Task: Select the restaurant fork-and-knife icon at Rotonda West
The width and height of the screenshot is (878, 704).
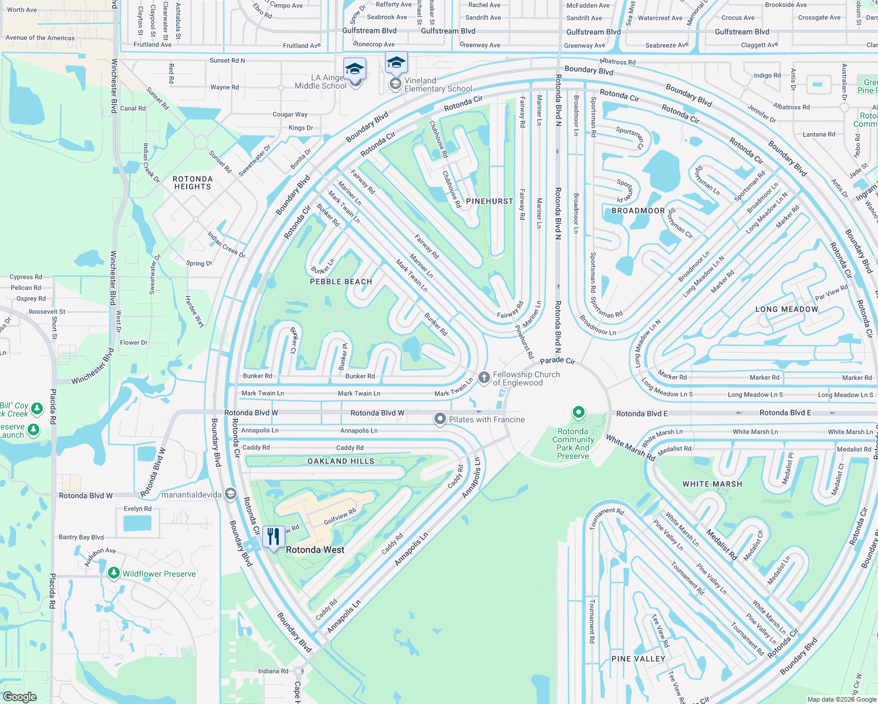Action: pos(273,537)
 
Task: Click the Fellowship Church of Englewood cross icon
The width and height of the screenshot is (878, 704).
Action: pos(484,378)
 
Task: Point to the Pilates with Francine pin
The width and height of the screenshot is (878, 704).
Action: pos(440,419)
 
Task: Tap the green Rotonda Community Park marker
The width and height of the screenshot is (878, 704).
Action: pos(578,413)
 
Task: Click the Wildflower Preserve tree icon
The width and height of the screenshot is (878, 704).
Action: pos(114,573)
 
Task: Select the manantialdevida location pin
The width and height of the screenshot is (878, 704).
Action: pos(230,495)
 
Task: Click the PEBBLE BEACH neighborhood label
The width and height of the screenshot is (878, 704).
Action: pos(341,282)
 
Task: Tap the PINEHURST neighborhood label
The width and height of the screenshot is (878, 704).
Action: pos(489,201)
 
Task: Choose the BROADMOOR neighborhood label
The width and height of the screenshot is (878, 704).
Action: pos(638,211)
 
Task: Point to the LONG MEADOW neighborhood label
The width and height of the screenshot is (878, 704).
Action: pos(786,309)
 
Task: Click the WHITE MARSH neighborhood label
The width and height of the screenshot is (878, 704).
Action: pos(712,484)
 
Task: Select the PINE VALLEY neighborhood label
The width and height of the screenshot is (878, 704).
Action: pos(638,659)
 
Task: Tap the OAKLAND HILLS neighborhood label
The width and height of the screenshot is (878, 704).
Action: pos(341,461)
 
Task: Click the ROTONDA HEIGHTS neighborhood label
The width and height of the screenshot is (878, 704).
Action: pos(193,182)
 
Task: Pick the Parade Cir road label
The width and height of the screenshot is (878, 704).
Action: pos(558,360)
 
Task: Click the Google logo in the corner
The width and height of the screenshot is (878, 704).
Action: pos(20,697)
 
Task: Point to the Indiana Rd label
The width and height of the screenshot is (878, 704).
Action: pos(273,671)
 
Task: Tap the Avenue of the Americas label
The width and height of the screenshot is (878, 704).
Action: pos(40,38)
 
